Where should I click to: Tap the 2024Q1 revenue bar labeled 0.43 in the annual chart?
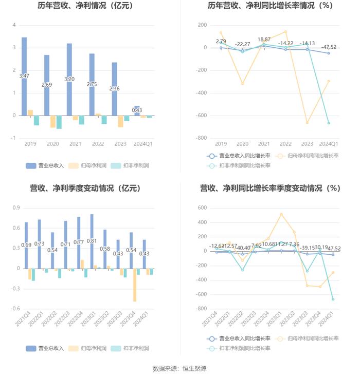(137, 110)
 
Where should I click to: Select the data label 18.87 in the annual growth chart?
(264, 40)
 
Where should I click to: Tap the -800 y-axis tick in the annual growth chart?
(201, 138)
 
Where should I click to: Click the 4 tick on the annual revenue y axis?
(14, 25)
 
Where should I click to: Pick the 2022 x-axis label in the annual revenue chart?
(96, 144)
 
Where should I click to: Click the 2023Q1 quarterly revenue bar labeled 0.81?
(92, 241)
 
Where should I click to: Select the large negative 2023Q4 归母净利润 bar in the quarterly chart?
(135, 285)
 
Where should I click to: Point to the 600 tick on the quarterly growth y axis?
(202, 208)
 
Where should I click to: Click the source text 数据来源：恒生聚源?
(179, 368)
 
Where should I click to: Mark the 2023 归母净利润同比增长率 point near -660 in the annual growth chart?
(307, 122)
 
